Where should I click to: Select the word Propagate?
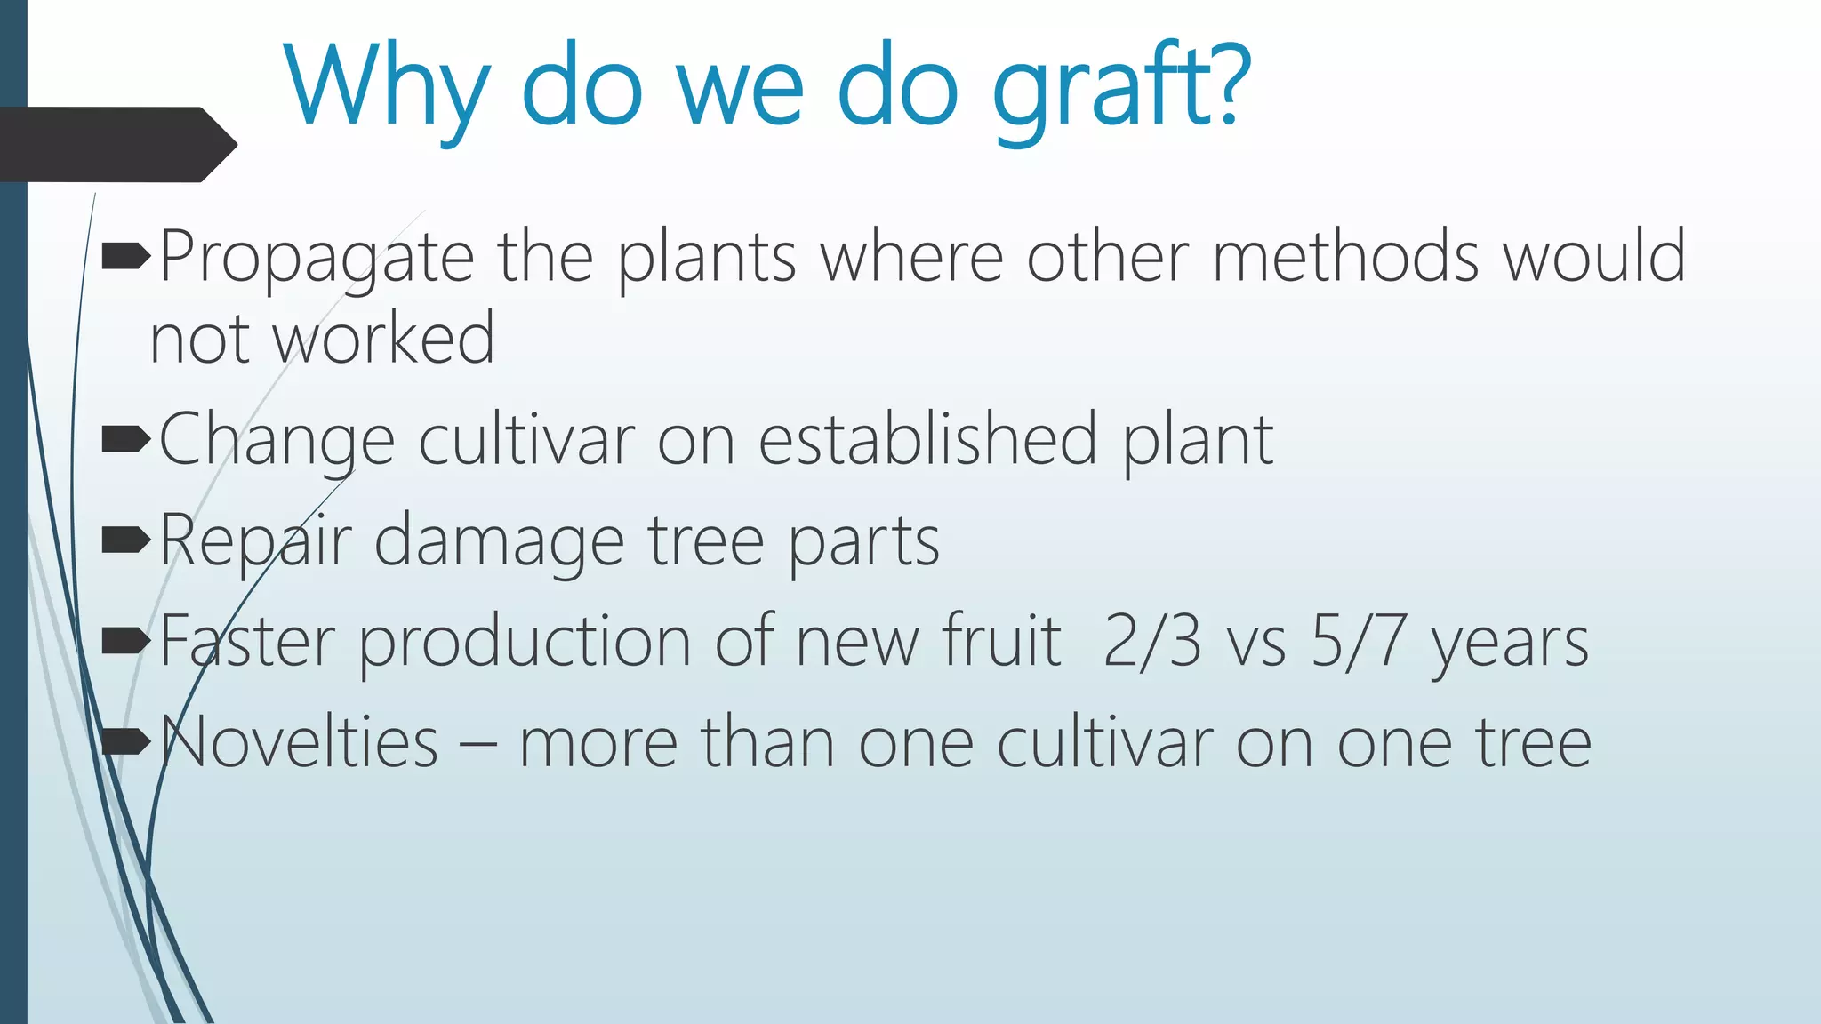[x=317, y=258]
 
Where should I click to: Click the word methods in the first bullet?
[x=1345, y=258]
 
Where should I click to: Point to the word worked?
[x=383, y=340]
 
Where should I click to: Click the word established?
[x=927, y=440]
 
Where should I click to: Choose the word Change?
[x=277, y=440]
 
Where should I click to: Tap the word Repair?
[x=255, y=540]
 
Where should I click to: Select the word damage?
[x=499, y=540]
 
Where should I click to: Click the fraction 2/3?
[x=1152, y=641]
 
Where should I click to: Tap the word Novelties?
[x=299, y=742]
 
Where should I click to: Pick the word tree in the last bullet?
[x=1534, y=742]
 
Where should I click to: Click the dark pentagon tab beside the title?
[x=116, y=144]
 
